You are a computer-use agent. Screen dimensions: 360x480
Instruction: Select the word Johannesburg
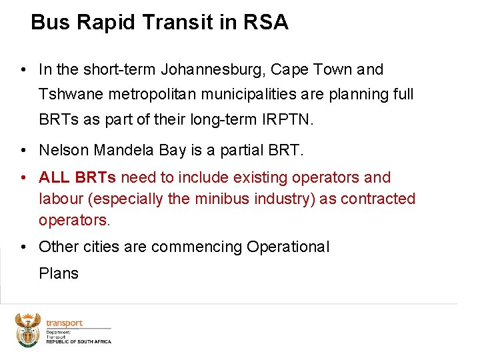(x=215, y=69)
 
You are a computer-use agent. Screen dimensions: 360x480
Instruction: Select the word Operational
(x=287, y=247)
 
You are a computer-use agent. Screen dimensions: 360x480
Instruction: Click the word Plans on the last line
(x=59, y=273)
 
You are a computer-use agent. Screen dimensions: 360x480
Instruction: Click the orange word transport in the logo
(x=64, y=323)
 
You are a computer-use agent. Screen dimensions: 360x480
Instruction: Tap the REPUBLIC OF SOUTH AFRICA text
(x=78, y=341)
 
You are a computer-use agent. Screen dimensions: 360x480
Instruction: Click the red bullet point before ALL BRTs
(x=23, y=177)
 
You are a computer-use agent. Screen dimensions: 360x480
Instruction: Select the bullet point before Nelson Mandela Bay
(x=23, y=151)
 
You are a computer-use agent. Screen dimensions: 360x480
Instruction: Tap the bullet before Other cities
(x=23, y=247)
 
